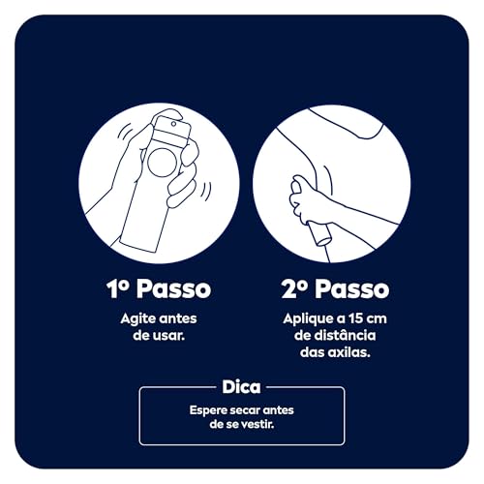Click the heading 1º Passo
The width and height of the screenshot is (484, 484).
[x=158, y=289]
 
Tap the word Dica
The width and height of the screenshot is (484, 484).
[x=241, y=387]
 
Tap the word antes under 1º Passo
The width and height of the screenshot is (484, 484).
[x=179, y=318]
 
